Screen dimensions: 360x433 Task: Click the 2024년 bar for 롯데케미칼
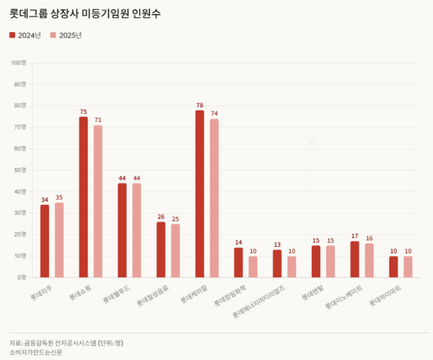(x=200, y=194)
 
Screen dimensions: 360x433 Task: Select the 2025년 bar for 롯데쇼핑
(x=98, y=201)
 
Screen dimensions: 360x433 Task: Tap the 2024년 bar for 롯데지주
(x=45, y=241)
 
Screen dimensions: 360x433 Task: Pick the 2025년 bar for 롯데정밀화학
(x=253, y=267)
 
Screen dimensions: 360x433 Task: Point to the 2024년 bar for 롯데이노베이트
(x=354, y=259)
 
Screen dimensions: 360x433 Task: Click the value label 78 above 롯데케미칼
(x=200, y=105)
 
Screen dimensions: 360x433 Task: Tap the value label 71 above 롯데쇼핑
(x=98, y=120)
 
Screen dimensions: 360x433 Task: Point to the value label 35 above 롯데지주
(x=59, y=198)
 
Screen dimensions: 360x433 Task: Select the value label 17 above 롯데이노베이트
(x=354, y=236)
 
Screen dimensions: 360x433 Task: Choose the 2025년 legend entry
(x=66, y=35)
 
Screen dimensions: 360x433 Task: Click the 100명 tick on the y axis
(x=17, y=63)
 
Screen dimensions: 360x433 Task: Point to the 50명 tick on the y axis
(x=19, y=170)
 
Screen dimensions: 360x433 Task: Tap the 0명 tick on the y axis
(x=21, y=277)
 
